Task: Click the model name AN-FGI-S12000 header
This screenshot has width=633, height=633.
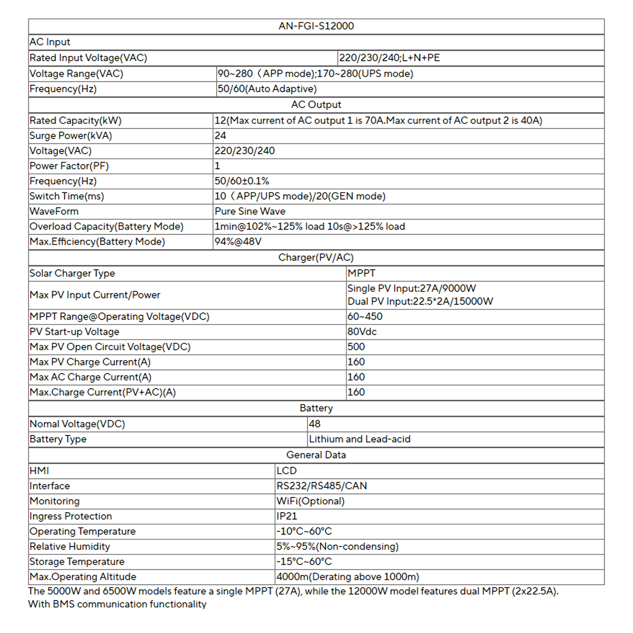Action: (316, 26)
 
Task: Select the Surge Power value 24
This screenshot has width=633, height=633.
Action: (220, 135)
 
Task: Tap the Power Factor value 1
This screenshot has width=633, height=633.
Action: (217, 166)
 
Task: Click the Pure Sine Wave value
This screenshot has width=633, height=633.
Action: (250, 211)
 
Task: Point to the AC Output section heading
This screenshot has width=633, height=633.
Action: (316, 105)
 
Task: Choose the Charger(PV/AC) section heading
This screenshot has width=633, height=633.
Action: (316, 257)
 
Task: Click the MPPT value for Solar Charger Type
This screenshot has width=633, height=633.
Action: (361, 273)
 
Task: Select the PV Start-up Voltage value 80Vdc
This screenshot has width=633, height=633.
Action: (362, 332)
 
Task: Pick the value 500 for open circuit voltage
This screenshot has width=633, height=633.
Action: (356, 347)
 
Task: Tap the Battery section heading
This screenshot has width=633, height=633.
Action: (316, 408)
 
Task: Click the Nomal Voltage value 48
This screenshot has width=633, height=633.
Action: (315, 424)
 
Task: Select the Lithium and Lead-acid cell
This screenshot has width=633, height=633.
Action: (360, 439)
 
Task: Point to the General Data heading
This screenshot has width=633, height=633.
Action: (316, 455)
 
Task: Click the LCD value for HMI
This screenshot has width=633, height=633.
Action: (287, 471)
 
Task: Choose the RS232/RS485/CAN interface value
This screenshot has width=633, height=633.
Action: (322, 486)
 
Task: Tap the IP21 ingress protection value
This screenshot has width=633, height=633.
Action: (287, 516)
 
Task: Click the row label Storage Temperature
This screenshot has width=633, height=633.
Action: (77, 562)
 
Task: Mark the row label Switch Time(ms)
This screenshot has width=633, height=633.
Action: (67, 196)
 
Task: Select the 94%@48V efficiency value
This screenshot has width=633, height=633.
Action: (238, 241)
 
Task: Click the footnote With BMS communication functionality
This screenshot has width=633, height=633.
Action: (117, 604)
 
